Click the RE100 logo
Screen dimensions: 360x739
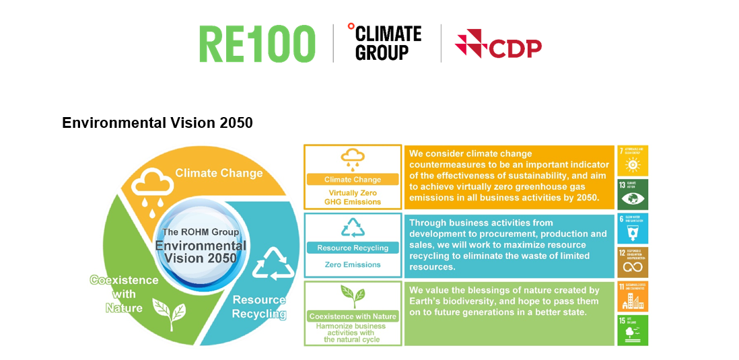257,44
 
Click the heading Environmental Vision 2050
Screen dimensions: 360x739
157,123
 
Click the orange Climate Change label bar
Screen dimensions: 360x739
353,180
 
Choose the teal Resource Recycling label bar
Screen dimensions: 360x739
353,248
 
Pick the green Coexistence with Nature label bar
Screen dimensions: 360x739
353,316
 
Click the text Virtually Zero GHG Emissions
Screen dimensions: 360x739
353,197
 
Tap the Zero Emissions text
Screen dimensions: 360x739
353,264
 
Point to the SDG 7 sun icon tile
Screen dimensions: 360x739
633,160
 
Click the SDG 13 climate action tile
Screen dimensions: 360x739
633,194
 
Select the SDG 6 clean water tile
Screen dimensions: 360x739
633,229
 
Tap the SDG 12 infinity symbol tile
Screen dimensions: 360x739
633,262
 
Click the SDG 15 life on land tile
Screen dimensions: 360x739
633,330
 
